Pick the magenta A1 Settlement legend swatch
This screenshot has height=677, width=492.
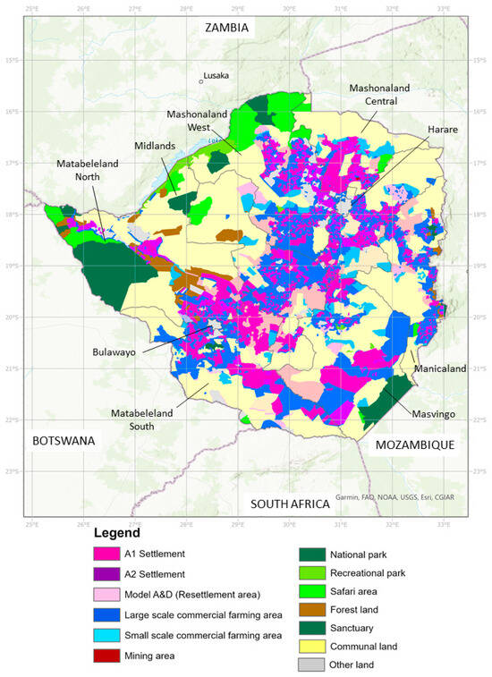108,554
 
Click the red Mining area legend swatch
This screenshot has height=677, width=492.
108,656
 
